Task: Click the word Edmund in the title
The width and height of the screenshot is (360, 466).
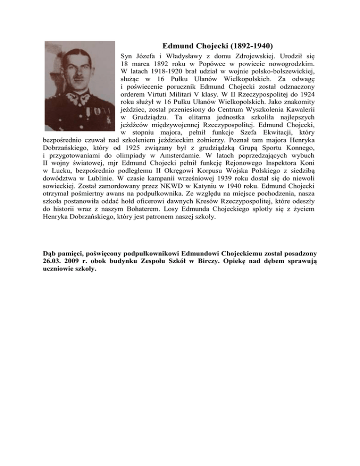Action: [175, 46]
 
